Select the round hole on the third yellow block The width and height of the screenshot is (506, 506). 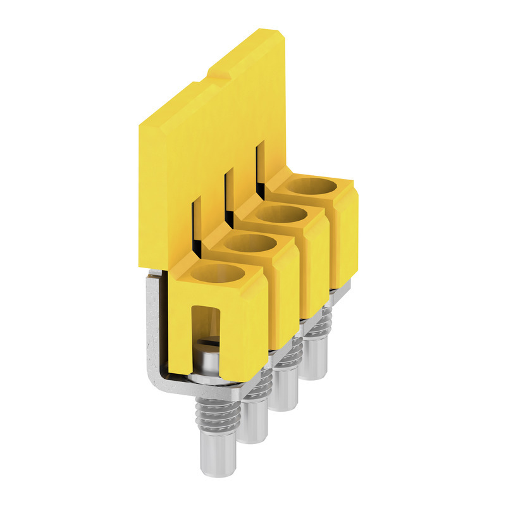point(279,214)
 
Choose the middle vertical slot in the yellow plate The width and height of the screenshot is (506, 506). point(229,190)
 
